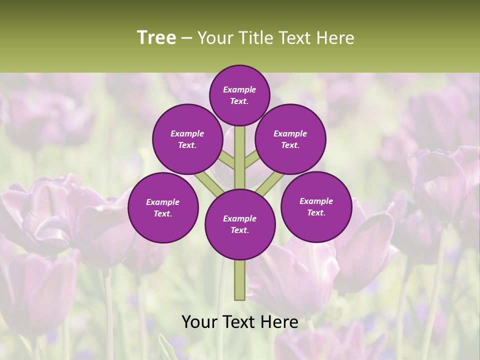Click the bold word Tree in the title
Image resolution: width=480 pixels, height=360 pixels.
(156, 38)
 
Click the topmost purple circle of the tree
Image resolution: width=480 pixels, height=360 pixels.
(239, 95)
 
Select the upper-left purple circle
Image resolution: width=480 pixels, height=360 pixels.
(187, 139)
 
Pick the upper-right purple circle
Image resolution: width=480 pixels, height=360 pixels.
(290, 139)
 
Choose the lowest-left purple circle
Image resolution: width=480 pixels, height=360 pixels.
(163, 207)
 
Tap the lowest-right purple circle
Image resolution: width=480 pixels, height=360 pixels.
(316, 206)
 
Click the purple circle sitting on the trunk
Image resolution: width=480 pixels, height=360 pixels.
(240, 224)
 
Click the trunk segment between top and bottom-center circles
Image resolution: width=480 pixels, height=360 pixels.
(240, 157)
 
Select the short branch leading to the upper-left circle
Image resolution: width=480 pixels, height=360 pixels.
(228, 161)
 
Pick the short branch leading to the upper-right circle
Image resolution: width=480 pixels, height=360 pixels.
(251, 160)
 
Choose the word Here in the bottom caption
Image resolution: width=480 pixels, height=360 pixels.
(280, 322)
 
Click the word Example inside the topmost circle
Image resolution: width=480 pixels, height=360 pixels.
(239, 89)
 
